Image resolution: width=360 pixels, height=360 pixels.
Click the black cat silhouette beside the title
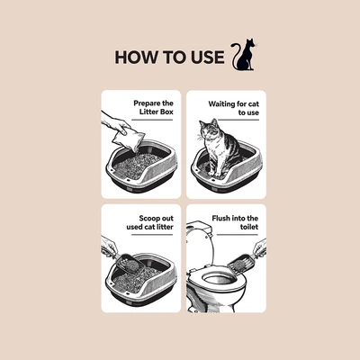coord(244,56)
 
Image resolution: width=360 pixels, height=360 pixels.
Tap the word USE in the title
coord(208,58)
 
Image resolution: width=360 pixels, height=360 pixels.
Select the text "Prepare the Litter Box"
coord(153,107)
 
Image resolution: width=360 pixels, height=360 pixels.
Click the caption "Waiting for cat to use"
coord(234,108)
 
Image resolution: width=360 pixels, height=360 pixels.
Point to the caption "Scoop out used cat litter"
coord(150,222)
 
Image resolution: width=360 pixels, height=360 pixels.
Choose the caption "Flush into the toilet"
coord(235,222)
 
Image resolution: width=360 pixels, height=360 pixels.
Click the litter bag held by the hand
coord(129,139)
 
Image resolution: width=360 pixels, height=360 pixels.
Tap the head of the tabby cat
coord(210,130)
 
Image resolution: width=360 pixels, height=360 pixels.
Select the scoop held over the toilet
coord(241,263)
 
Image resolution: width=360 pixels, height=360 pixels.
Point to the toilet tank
coord(199,229)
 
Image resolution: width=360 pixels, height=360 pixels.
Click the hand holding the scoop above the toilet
coord(260,248)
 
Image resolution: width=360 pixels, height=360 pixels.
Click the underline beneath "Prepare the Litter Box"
coord(152,120)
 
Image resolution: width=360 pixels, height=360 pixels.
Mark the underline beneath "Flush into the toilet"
coord(238,235)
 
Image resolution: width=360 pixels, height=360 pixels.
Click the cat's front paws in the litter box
coord(215,173)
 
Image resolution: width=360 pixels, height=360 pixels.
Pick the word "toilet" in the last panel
coord(249,227)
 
